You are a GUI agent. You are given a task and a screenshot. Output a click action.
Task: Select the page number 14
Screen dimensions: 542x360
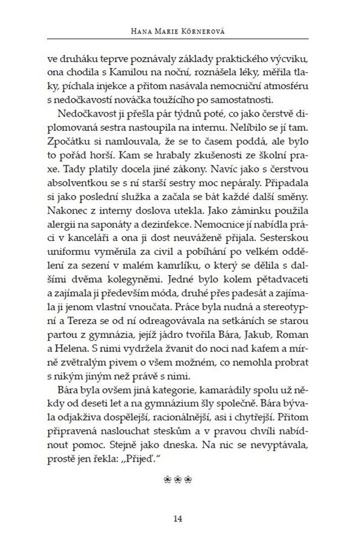179,518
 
